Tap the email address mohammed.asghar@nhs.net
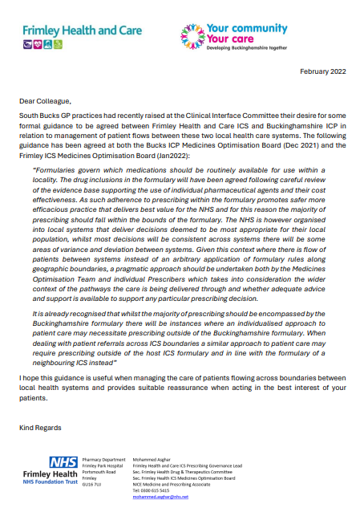tap(160, 497)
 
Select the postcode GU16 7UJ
tap(93, 485)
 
